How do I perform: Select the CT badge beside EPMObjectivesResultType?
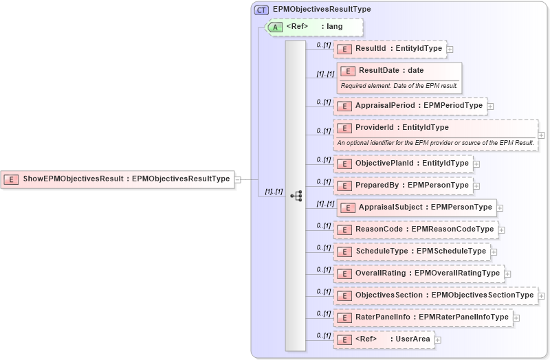tap(261, 10)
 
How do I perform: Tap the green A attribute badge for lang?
tap(275, 27)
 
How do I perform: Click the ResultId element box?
tap(390, 49)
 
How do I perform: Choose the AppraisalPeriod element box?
tap(410, 106)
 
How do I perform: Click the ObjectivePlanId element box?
tap(403, 164)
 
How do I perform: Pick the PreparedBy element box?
tap(403, 185)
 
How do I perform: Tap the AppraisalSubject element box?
tap(416, 207)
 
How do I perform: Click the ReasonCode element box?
tap(415, 229)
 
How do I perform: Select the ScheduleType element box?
tap(412, 251)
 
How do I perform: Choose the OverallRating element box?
tap(418, 273)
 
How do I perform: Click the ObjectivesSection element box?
tap(435, 295)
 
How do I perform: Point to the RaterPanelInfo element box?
tap(423, 317)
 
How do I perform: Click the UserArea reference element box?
tap(383, 339)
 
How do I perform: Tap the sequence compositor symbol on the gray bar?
tap(296, 196)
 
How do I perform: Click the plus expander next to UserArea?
tap(438, 339)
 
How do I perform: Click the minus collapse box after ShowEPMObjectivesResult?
tap(237, 179)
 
